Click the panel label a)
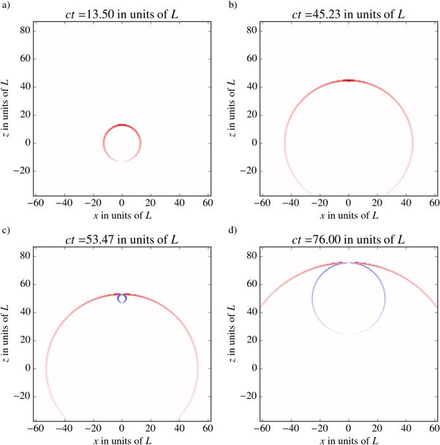(6, 6)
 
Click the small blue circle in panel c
(122, 298)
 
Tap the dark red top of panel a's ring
(122, 125)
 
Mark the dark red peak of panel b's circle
(349, 81)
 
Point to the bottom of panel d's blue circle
(349, 334)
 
